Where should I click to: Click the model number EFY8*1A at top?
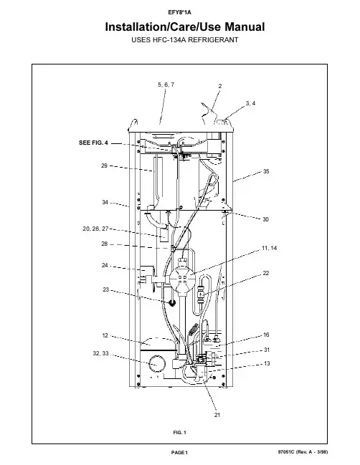[x=179, y=12]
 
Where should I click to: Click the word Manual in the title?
[x=245, y=27]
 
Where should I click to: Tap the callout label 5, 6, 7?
[x=166, y=85]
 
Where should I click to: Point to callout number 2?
[x=220, y=86]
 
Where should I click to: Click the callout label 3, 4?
[x=250, y=103]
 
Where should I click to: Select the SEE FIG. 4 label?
[x=93, y=143]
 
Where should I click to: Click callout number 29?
[x=104, y=166]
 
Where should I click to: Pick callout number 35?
[x=266, y=171]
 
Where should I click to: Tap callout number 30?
[x=265, y=219]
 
